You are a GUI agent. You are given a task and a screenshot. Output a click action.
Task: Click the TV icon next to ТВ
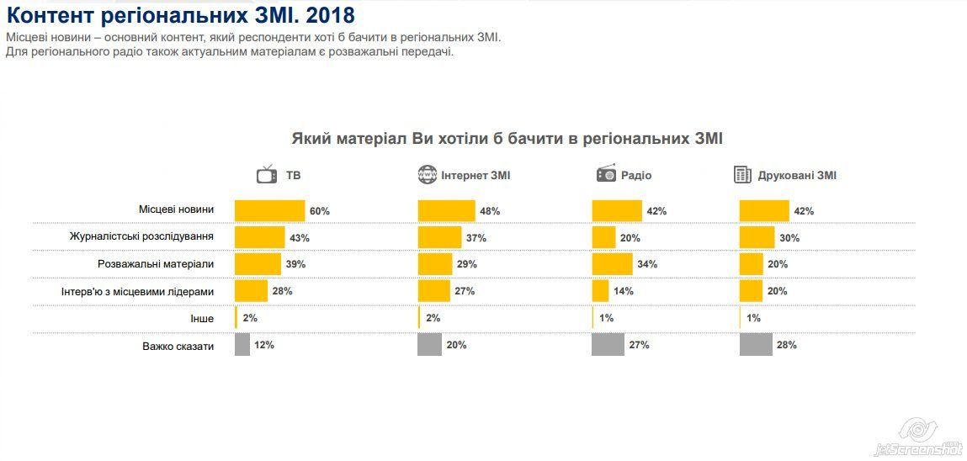pos(267,175)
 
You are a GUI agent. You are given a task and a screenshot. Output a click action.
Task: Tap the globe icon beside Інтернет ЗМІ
pos(427,175)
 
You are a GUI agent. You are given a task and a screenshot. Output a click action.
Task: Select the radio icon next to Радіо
pos(606,174)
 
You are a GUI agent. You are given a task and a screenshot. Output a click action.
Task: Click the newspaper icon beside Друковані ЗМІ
pos(742,175)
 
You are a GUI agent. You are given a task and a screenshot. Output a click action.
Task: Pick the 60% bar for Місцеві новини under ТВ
pos(269,211)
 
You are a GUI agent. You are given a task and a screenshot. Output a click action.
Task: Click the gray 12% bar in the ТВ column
pos(242,345)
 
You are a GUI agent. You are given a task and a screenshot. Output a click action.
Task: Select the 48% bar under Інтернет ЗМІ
pos(446,211)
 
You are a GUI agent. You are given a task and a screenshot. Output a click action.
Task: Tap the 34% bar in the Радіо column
pos(612,264)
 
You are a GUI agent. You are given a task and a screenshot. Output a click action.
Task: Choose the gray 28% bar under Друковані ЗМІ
pos(756,345)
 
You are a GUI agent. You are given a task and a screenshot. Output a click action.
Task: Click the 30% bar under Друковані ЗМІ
pos(757,238)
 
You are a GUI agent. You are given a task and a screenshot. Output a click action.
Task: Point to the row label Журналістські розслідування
pos(141,237)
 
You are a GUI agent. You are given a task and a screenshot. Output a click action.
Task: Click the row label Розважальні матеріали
pos(156,264)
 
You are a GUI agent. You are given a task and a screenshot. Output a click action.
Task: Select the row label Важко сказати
pos(178,346)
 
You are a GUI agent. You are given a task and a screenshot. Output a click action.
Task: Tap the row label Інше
pos(202,319)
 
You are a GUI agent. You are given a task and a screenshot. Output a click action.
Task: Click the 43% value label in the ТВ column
pos(300,238)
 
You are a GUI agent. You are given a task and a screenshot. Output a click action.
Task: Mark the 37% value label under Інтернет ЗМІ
pos(476,238)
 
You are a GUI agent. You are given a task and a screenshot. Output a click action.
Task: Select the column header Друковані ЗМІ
pos(797,176)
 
